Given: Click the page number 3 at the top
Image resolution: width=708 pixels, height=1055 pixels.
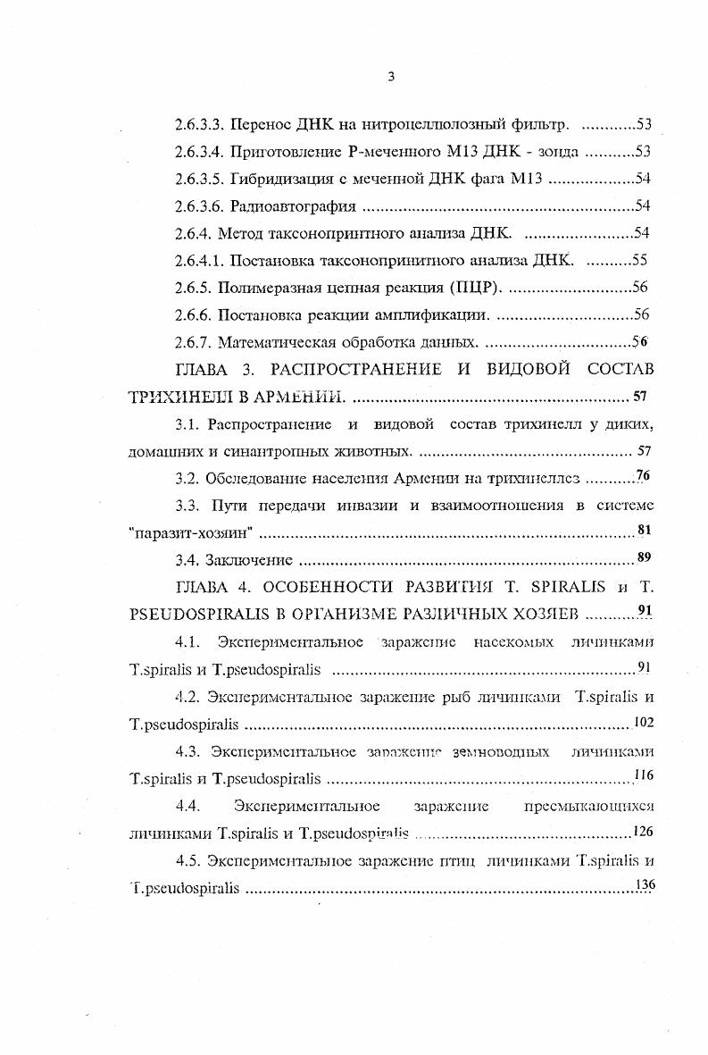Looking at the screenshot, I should tap(391, 78).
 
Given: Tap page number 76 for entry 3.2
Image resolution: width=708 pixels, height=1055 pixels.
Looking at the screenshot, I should tap(643, 475).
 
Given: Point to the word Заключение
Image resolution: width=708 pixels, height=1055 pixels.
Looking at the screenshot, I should tap(249, 561).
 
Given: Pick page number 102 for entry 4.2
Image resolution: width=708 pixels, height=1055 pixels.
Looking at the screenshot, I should tap(643, 722).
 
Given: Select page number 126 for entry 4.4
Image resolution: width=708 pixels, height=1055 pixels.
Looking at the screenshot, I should tap(643, 832).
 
